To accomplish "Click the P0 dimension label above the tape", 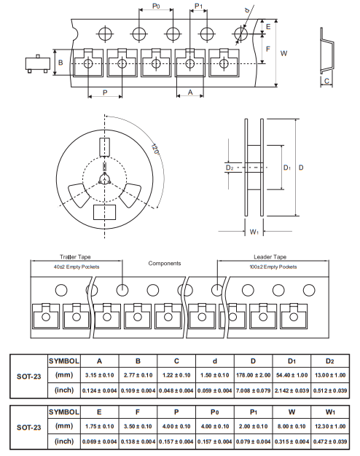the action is pos(156,6).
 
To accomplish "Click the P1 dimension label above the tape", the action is pos(198,6).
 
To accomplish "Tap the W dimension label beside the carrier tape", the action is pos(283,53).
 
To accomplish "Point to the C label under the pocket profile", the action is pos(326,81).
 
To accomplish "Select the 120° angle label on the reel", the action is pos(155,149).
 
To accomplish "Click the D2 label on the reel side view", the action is pos(230,168).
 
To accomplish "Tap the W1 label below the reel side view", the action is pos(254,232).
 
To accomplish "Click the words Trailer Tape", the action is pos(75,257).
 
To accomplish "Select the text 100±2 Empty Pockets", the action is pos(273,267).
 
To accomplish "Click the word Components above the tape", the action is pos(165,263).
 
